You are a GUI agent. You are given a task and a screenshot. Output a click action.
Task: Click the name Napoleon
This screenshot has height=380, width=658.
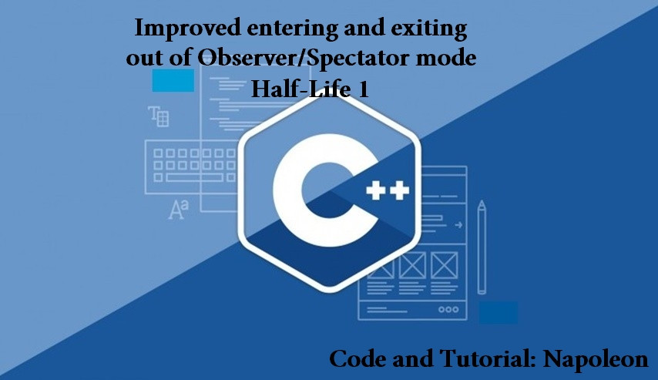click(596, 359)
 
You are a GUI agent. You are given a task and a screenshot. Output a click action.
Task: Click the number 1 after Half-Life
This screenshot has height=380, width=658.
click(362, 89)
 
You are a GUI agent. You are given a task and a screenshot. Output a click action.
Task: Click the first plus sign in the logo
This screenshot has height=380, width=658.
click(375, 190)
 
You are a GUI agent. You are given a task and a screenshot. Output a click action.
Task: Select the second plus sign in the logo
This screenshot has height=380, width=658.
click(399, 190)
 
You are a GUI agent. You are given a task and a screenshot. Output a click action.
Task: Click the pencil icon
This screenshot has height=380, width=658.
click(482, 247)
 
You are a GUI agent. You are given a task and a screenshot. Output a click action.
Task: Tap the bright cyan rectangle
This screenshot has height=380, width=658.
click(173, 81)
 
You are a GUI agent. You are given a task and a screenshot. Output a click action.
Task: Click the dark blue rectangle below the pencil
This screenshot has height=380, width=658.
click(498, 312)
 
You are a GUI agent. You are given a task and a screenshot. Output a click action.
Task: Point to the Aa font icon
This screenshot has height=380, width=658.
click(178, 210)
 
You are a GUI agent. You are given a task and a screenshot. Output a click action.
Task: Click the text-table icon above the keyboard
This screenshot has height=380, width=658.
click(158, 116)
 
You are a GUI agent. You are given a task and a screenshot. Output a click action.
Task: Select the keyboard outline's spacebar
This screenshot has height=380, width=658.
click(194, 177)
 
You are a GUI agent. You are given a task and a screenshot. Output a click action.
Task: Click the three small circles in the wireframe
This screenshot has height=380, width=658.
click(448, 309)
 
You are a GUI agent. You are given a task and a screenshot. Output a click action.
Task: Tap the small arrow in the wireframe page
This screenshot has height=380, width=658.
click(458, 225)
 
